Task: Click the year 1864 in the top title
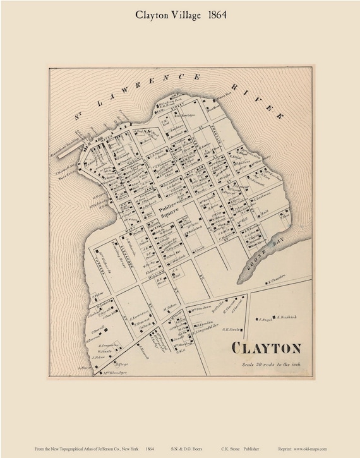213,15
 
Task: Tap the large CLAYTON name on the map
266,349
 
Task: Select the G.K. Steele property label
232,329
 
